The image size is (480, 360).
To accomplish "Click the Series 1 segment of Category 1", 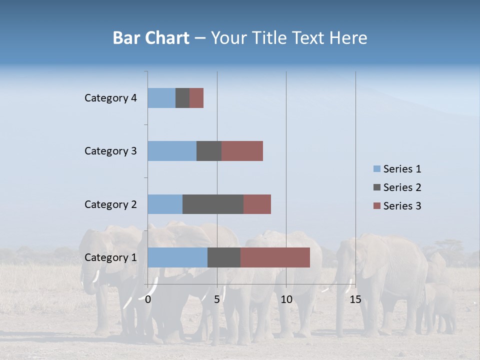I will click(177, 257).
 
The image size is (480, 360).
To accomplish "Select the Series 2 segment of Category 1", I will click(224, 257).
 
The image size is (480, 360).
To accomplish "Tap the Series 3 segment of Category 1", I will click(275, 257).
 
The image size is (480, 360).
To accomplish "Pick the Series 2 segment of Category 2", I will click(213, 204).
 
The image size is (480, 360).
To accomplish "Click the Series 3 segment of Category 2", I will click(257, 204).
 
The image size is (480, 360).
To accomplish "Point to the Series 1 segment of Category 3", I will click(172, 151).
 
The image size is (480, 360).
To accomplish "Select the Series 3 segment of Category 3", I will click(242, 151).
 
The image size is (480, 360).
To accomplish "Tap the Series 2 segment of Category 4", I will click(182, 98).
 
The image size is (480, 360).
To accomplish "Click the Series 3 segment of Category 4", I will click(196, 98).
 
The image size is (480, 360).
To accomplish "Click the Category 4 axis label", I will click(110, 98).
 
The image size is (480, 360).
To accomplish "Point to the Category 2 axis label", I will click(110, 204).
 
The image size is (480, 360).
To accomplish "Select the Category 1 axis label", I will click(110, 257).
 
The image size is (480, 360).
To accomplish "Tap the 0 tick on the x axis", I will click(148, 299).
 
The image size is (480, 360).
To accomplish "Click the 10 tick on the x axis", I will click(286, 299).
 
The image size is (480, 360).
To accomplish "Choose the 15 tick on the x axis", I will click(355, 299).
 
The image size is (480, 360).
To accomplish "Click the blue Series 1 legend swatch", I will click(376, 169).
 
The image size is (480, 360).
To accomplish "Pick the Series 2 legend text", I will click(402, 187).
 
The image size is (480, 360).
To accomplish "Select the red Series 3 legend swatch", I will click(376, 206).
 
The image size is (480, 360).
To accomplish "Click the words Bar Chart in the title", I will click(151, 38).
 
